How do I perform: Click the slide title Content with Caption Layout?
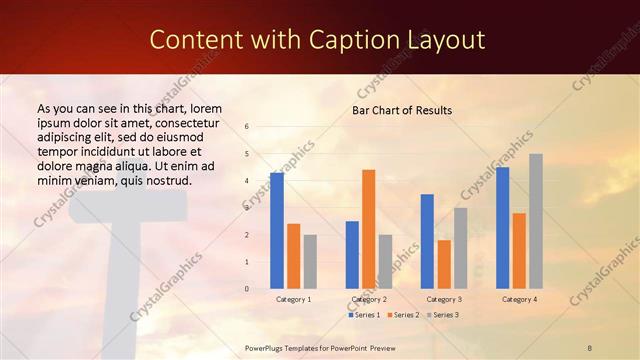(x=317, y=39)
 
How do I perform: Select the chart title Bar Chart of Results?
(x=402, y=110)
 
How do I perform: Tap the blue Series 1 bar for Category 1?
(x=277, y=231)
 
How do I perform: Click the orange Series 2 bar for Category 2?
(x=368, y=229)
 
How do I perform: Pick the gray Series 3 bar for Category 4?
(x=536, y=221)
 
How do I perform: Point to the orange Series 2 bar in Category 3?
(x=444, y=264)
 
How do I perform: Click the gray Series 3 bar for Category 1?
(x=310, y=262)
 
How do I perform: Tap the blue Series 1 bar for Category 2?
(x=352, y=255)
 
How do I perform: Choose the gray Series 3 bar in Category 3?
(x=461, y=248)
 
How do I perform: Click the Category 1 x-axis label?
(x=294, y=299)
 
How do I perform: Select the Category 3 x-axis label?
(x=444, y=299)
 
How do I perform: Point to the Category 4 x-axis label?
(x=519, y=299)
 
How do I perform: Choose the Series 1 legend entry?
(x=364, y=315)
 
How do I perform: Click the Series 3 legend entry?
(x=443, y=315)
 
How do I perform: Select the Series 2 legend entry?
(x=403, y=315)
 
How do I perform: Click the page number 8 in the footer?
(x=589, y=346)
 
